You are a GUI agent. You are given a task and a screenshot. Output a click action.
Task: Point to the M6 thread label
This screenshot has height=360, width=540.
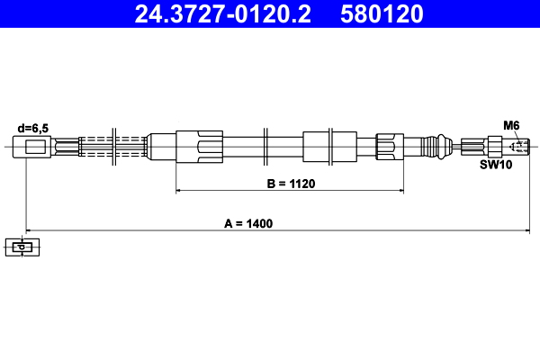tap(510, 125)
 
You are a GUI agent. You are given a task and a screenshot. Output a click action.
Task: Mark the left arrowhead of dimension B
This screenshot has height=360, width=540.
tap(178, 191)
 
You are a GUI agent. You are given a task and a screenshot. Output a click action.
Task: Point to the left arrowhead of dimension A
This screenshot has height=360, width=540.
tap(28, 229)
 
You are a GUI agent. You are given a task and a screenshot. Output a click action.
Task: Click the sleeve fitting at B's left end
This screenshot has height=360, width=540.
tap(199, 146)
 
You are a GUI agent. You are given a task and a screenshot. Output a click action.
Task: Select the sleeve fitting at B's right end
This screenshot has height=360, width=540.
tap(385, 146)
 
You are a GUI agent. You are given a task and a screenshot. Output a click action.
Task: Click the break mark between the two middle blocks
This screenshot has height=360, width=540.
tap(266, 146)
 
